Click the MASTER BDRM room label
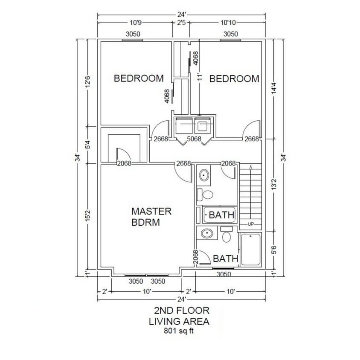[x=151, y=217]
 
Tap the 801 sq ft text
[x=180, y=330]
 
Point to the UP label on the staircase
[x=250, y=224]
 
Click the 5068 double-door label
[x=194, y=139]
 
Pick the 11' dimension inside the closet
[x=199, y=77]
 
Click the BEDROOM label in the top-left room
[x=139, y=78]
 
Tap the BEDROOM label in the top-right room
[x=234, y=79]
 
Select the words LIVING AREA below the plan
[x=179, y=321]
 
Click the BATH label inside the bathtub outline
[x=221, y=215]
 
